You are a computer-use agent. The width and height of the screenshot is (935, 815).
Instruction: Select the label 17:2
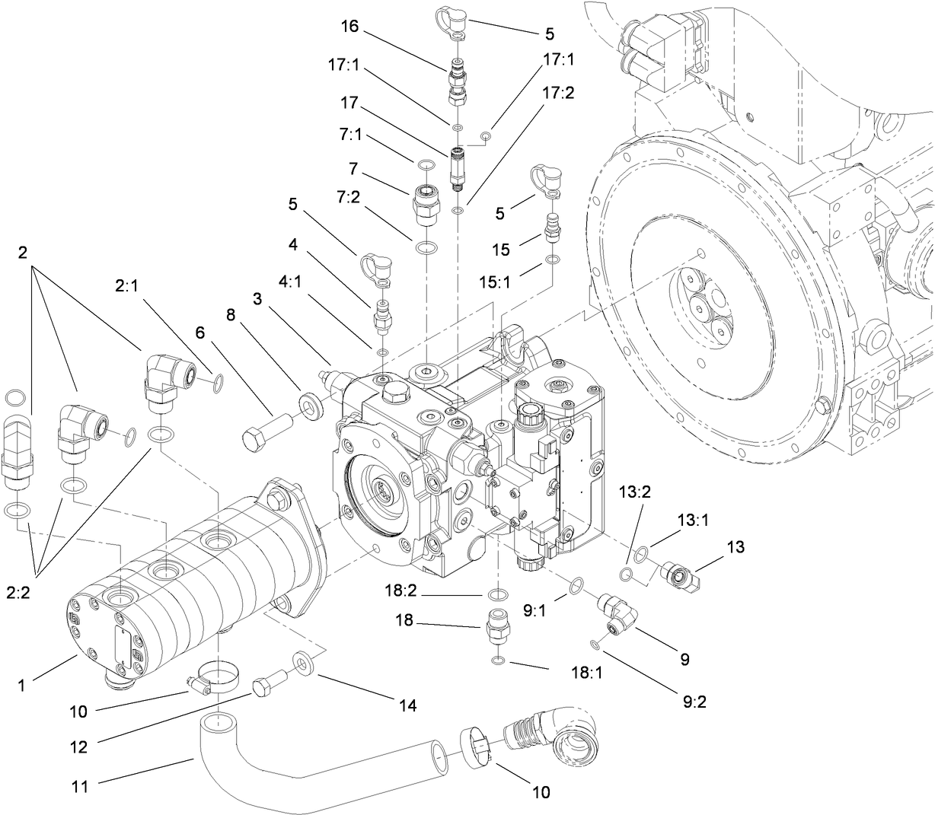coord(558,92)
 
